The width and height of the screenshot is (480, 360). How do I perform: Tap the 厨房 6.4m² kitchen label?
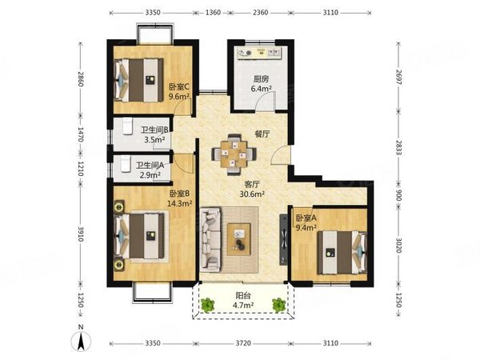coord(261,84)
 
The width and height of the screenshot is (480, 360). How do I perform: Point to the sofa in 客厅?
coord(210,239)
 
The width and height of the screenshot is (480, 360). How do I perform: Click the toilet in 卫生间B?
coord(127,126)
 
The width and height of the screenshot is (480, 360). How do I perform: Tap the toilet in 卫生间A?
coord(125,164)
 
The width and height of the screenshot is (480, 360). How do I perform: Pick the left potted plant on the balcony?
coord(208,305)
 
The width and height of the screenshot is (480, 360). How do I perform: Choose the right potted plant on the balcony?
coord(279,305)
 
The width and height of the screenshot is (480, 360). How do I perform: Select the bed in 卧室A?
coord(342,252)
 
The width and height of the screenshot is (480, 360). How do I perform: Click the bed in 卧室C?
coord(138,80)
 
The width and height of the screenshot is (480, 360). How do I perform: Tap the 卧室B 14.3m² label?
coord(180,198)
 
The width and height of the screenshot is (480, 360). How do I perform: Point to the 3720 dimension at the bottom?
coord(243,343)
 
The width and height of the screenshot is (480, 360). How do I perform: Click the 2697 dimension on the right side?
coord(398,77)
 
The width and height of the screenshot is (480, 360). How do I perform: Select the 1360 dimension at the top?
coord(213,13)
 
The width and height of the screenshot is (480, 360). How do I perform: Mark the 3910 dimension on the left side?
coord(81,234)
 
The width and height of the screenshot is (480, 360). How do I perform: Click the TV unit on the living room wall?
coord(283,239)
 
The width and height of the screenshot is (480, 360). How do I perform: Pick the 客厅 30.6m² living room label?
coord(252,189)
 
